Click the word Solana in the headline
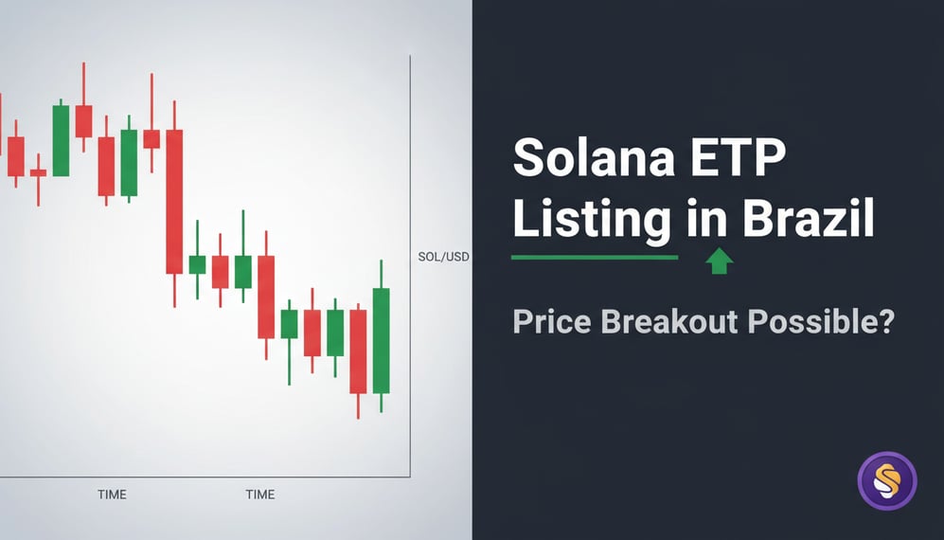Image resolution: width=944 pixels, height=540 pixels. click(x=595, y=158)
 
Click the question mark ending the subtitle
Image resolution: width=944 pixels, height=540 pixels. click(x=884, y=321)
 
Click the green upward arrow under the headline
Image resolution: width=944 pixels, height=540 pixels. click(x=720, y=261)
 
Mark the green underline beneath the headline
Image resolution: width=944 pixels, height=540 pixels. click(x=594, y=257)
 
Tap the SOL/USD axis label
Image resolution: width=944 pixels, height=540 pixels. click(x=443, y=257)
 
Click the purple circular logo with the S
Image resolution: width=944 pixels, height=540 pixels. click(x=887, y=481)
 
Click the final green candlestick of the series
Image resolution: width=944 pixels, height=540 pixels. click(x=381, y=340)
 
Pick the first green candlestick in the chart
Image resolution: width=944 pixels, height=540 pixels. click(x=61, y=140)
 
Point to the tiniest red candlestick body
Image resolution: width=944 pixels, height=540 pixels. click(x=38, y=172)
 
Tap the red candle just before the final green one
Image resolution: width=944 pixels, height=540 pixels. click(x=358, y=351)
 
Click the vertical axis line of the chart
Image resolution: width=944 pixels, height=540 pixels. click(x=410, y=265)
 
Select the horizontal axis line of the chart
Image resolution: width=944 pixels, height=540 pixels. click(x=205, y=477)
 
